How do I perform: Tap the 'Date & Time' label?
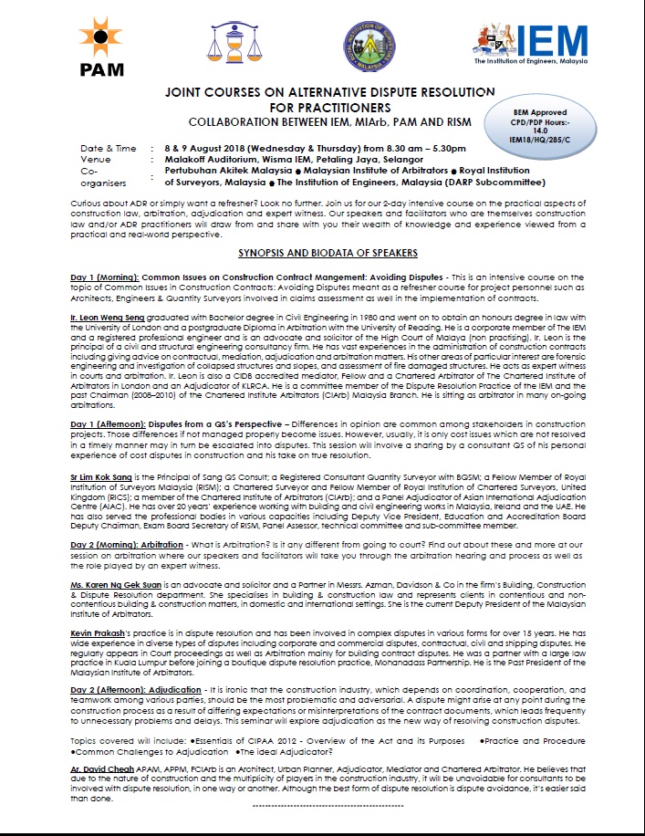point(109,146)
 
